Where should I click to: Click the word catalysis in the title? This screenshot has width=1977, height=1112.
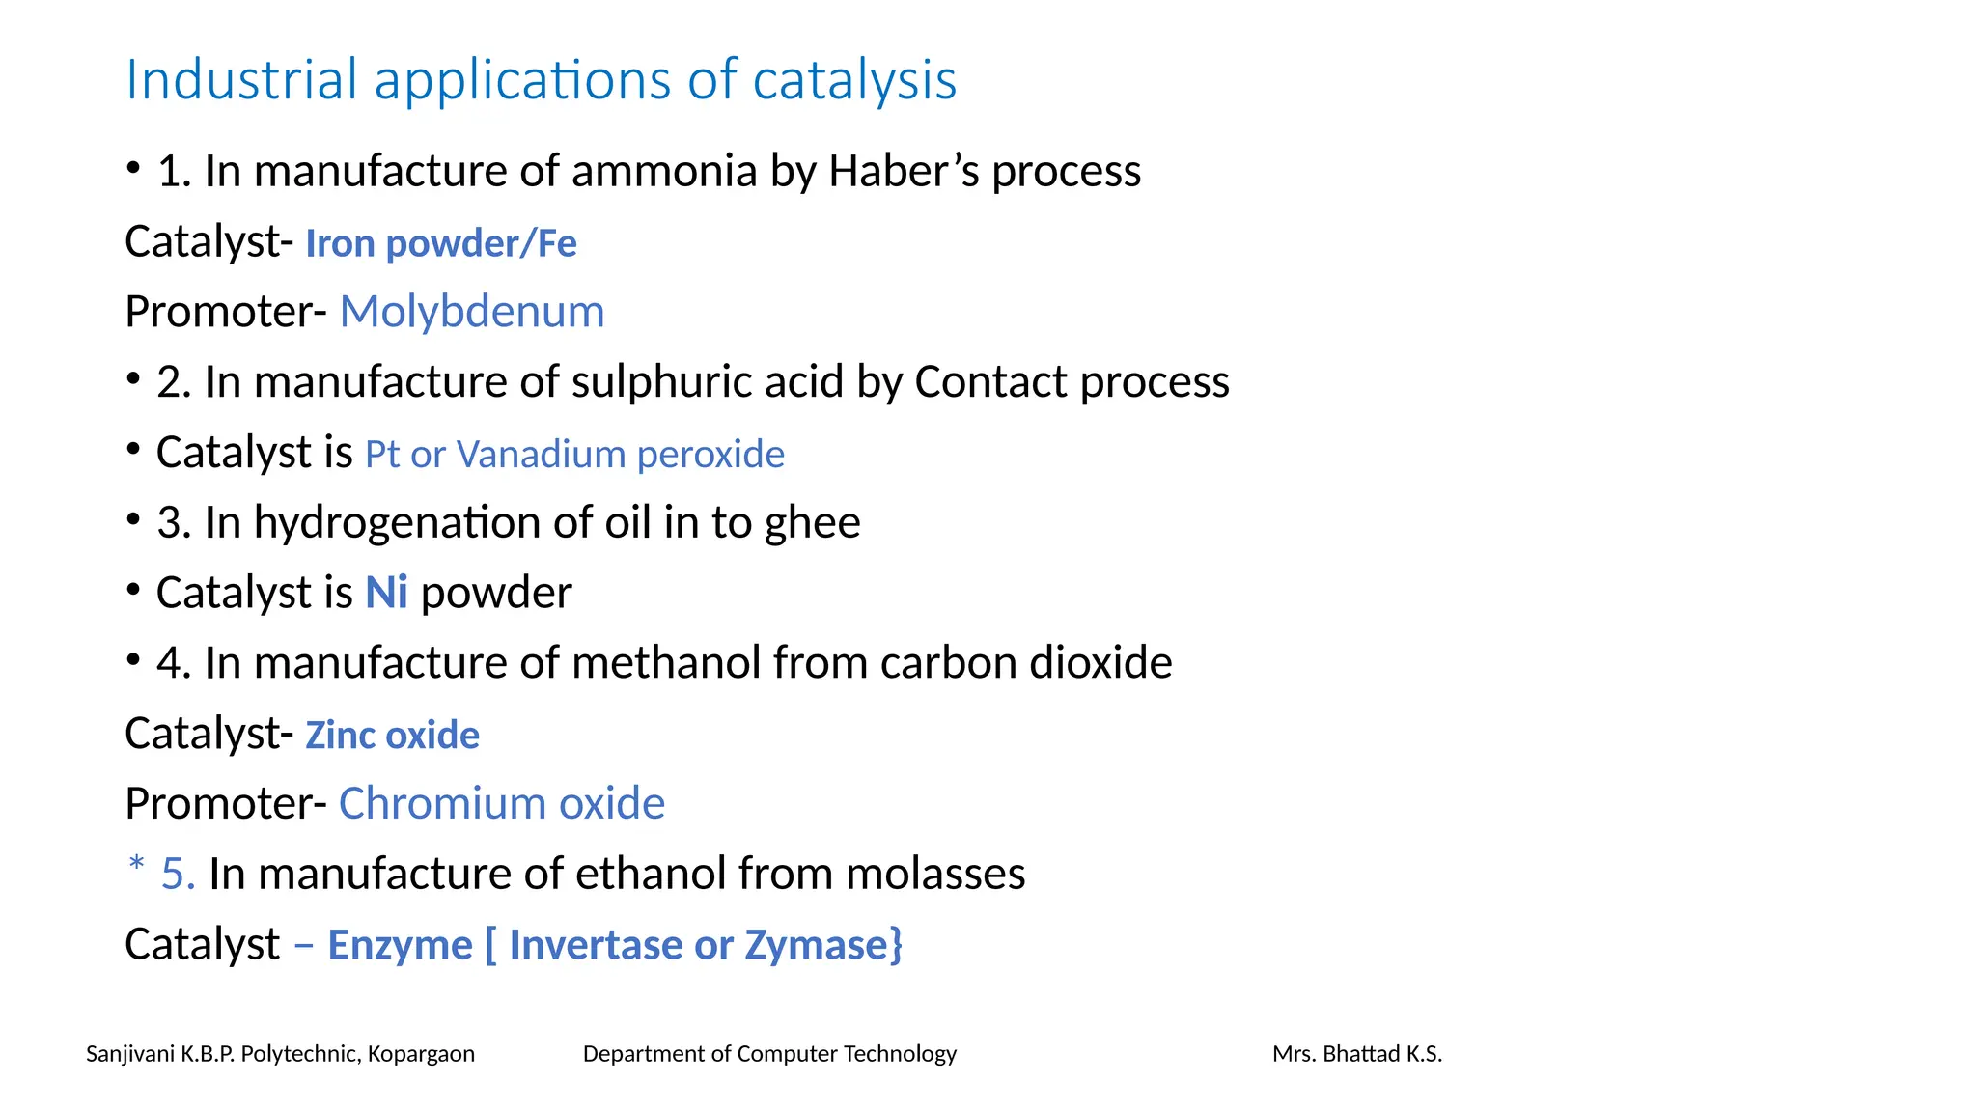tap(854, 80)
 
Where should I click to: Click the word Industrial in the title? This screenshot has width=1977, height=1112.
tap(241, 80)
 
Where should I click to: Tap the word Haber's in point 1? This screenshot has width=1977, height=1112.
tap(902, 171)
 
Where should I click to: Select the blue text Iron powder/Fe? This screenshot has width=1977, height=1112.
tap(441, 243)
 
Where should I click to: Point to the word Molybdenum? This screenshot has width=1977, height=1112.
tap(472, 312)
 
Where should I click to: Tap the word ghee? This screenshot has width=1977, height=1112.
tap(811, 523)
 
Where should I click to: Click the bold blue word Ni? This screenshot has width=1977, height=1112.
tap(386, 593)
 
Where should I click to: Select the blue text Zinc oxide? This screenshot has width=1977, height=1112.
tap(392, 736)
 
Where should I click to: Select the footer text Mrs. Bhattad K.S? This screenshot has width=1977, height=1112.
tap(1356, 1054)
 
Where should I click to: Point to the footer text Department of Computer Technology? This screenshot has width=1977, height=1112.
tap(769, 1054)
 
